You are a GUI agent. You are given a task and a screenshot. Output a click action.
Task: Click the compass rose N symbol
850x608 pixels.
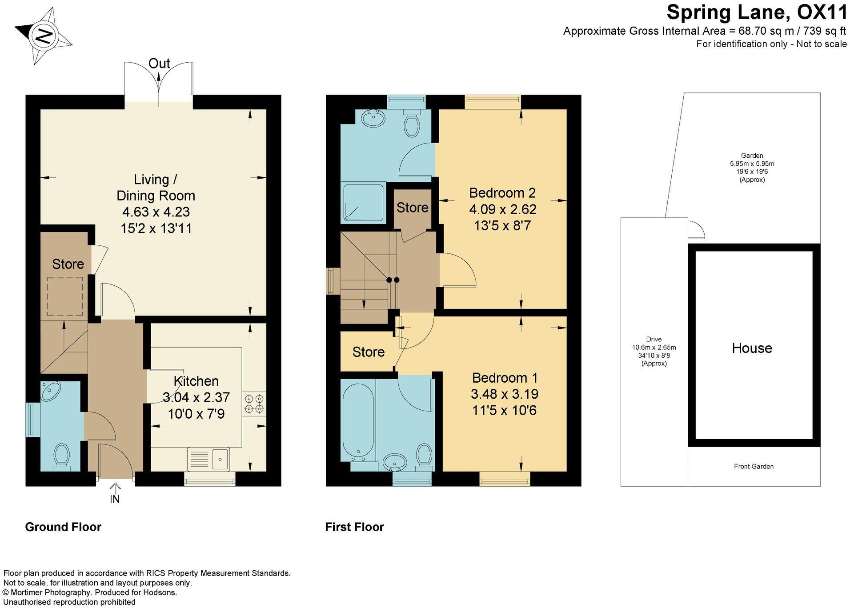[44, 36]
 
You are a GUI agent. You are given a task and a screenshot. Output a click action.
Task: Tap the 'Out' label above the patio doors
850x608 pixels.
[159, 64]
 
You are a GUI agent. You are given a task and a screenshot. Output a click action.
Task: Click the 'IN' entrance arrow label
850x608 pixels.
[115, 499]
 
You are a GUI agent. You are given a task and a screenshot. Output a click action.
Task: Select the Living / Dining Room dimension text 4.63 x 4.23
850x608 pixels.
[156, 212]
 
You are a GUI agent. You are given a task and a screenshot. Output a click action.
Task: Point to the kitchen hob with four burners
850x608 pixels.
[254, 403]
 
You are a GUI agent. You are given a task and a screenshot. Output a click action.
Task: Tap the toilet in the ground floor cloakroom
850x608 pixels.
[61, 457]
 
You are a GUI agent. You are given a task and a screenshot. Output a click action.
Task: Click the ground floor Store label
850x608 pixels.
[68, 264]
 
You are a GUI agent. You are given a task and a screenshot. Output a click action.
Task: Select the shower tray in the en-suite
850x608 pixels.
[363, 203]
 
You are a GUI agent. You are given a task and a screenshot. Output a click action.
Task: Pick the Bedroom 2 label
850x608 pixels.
[502, 193]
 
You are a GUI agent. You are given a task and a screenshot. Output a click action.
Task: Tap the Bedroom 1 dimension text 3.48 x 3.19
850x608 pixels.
[505, 394]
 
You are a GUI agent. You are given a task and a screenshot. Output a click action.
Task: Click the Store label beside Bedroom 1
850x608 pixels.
[368, 352]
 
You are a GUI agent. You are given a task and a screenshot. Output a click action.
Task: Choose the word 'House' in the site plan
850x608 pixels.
[752, 348]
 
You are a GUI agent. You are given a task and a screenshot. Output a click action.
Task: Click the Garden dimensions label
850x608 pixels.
[752, 168]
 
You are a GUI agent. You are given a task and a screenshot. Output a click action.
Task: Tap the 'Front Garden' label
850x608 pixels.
[754, 466]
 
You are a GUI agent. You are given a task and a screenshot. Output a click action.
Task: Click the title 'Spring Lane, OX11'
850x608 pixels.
[757, 12]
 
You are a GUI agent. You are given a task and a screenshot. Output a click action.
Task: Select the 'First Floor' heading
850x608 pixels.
[354, 527]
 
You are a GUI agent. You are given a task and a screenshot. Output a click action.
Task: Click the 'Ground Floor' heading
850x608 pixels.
[63, 527]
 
